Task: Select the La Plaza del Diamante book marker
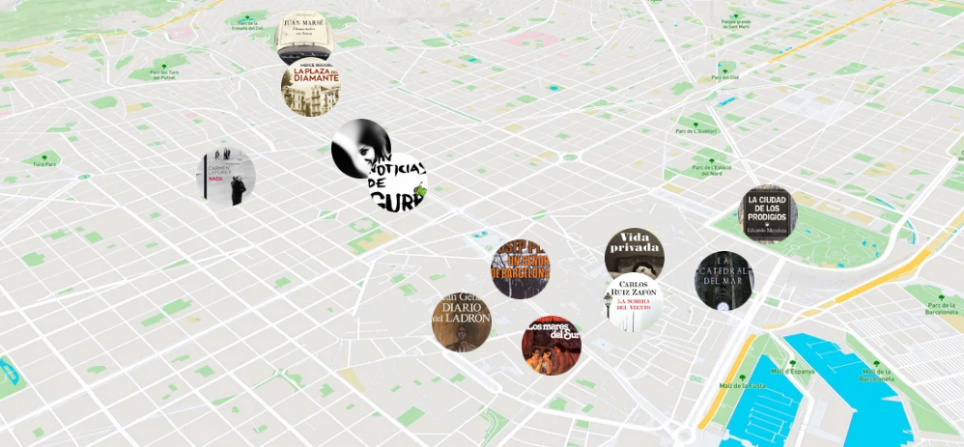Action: click(x=310, y=88)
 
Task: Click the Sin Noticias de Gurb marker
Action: click(x=398, y=183)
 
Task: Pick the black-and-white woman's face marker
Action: click(x=359, y=147)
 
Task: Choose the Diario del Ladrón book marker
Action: click(x=462, y=321)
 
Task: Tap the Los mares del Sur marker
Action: click(x=552, y=345)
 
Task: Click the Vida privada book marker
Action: click(x=635, y=253)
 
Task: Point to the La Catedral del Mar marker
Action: click(x=723, y=280)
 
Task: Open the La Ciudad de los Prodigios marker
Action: click(x=769, y=214)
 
